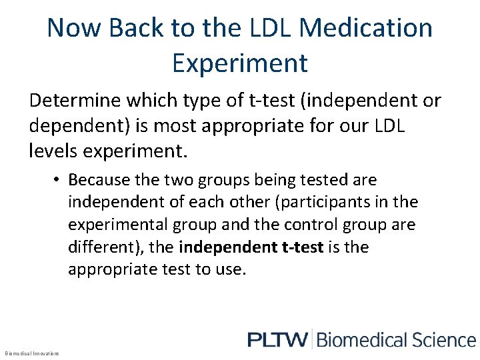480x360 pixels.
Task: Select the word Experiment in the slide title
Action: point(240,63)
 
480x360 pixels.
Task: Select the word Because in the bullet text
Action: point(97,180)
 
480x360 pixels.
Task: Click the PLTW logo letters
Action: point(277,340)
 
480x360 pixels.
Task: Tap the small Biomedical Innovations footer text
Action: point(31,353)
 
